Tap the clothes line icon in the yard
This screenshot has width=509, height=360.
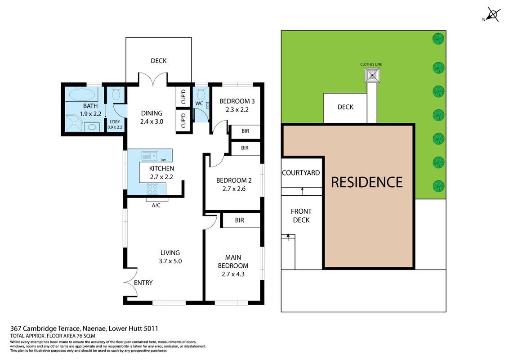(372, 75)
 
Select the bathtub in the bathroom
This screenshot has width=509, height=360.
(82, 94)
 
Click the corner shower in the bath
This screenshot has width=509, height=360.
(74, 123)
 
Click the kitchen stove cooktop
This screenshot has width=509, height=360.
(152, 189)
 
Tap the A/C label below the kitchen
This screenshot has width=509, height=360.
(156, 205)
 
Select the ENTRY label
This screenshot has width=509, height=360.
(143, 283)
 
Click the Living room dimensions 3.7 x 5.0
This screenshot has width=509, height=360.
(170, 261)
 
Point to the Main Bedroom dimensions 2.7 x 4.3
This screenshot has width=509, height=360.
(233, 274)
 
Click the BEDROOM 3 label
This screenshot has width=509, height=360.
(237, 101)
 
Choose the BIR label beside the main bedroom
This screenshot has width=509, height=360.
(240, 220)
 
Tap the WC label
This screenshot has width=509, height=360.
(199, 103)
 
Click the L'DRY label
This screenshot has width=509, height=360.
(115, 122)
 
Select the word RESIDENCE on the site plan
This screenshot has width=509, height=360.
(367, 182)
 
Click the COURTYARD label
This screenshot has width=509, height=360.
(301, 173)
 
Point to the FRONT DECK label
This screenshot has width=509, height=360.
(301, 216)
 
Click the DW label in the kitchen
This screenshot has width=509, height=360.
(163, 160)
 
